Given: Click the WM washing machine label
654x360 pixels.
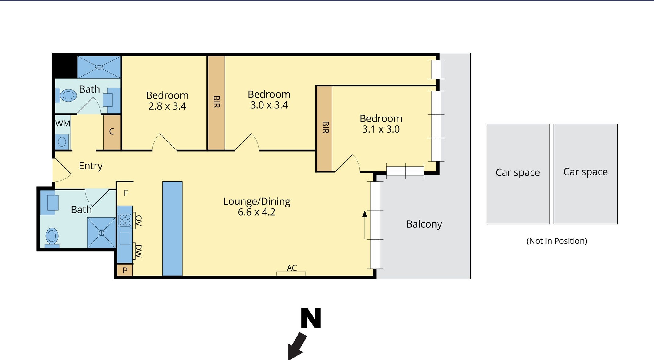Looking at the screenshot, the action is click(x=63, y=124).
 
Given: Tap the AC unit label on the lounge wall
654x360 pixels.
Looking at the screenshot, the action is click(x=292, y=268).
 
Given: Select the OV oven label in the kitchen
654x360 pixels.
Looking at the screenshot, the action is click(x=138, y=221).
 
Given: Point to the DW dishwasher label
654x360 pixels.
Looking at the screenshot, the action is click(x=138, y=251).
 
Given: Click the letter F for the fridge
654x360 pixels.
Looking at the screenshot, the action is click(x=126, y=193).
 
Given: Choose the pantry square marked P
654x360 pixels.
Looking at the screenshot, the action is click(x=125, y=270).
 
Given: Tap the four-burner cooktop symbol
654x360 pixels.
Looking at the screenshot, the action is click(x=125, y=220).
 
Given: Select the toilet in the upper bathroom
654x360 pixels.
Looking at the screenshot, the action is click(x=66, y=95).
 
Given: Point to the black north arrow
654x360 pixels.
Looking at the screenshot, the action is click(x=297, y=346).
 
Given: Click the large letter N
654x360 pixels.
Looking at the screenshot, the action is click(x=311, y=318).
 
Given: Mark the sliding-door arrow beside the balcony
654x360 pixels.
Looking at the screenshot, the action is click(x=365, y=225).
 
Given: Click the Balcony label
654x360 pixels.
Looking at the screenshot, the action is click(x=424, y=224).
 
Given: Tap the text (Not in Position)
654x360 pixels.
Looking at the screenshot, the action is click(x=557, y=241).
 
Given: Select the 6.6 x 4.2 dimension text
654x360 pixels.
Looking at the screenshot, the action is click(x=257, y=212).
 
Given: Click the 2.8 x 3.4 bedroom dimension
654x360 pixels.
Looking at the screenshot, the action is click(x=167, y=106).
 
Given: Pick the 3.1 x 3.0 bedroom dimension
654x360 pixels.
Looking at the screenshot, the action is click(x=381, y=129).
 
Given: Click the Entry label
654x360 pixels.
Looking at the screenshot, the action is click(x=91, y=166).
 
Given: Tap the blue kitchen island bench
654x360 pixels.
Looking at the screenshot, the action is click(x=172, y=229).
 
